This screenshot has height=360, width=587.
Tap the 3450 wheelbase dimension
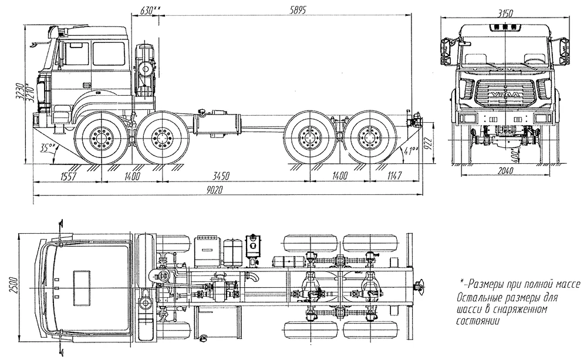pyautogui.click(x=220, y=175)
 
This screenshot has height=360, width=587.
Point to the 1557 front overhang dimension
pyautogui.click(x=69, y=175)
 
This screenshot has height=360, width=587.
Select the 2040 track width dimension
pyautogui.click(x=502, y=171)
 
